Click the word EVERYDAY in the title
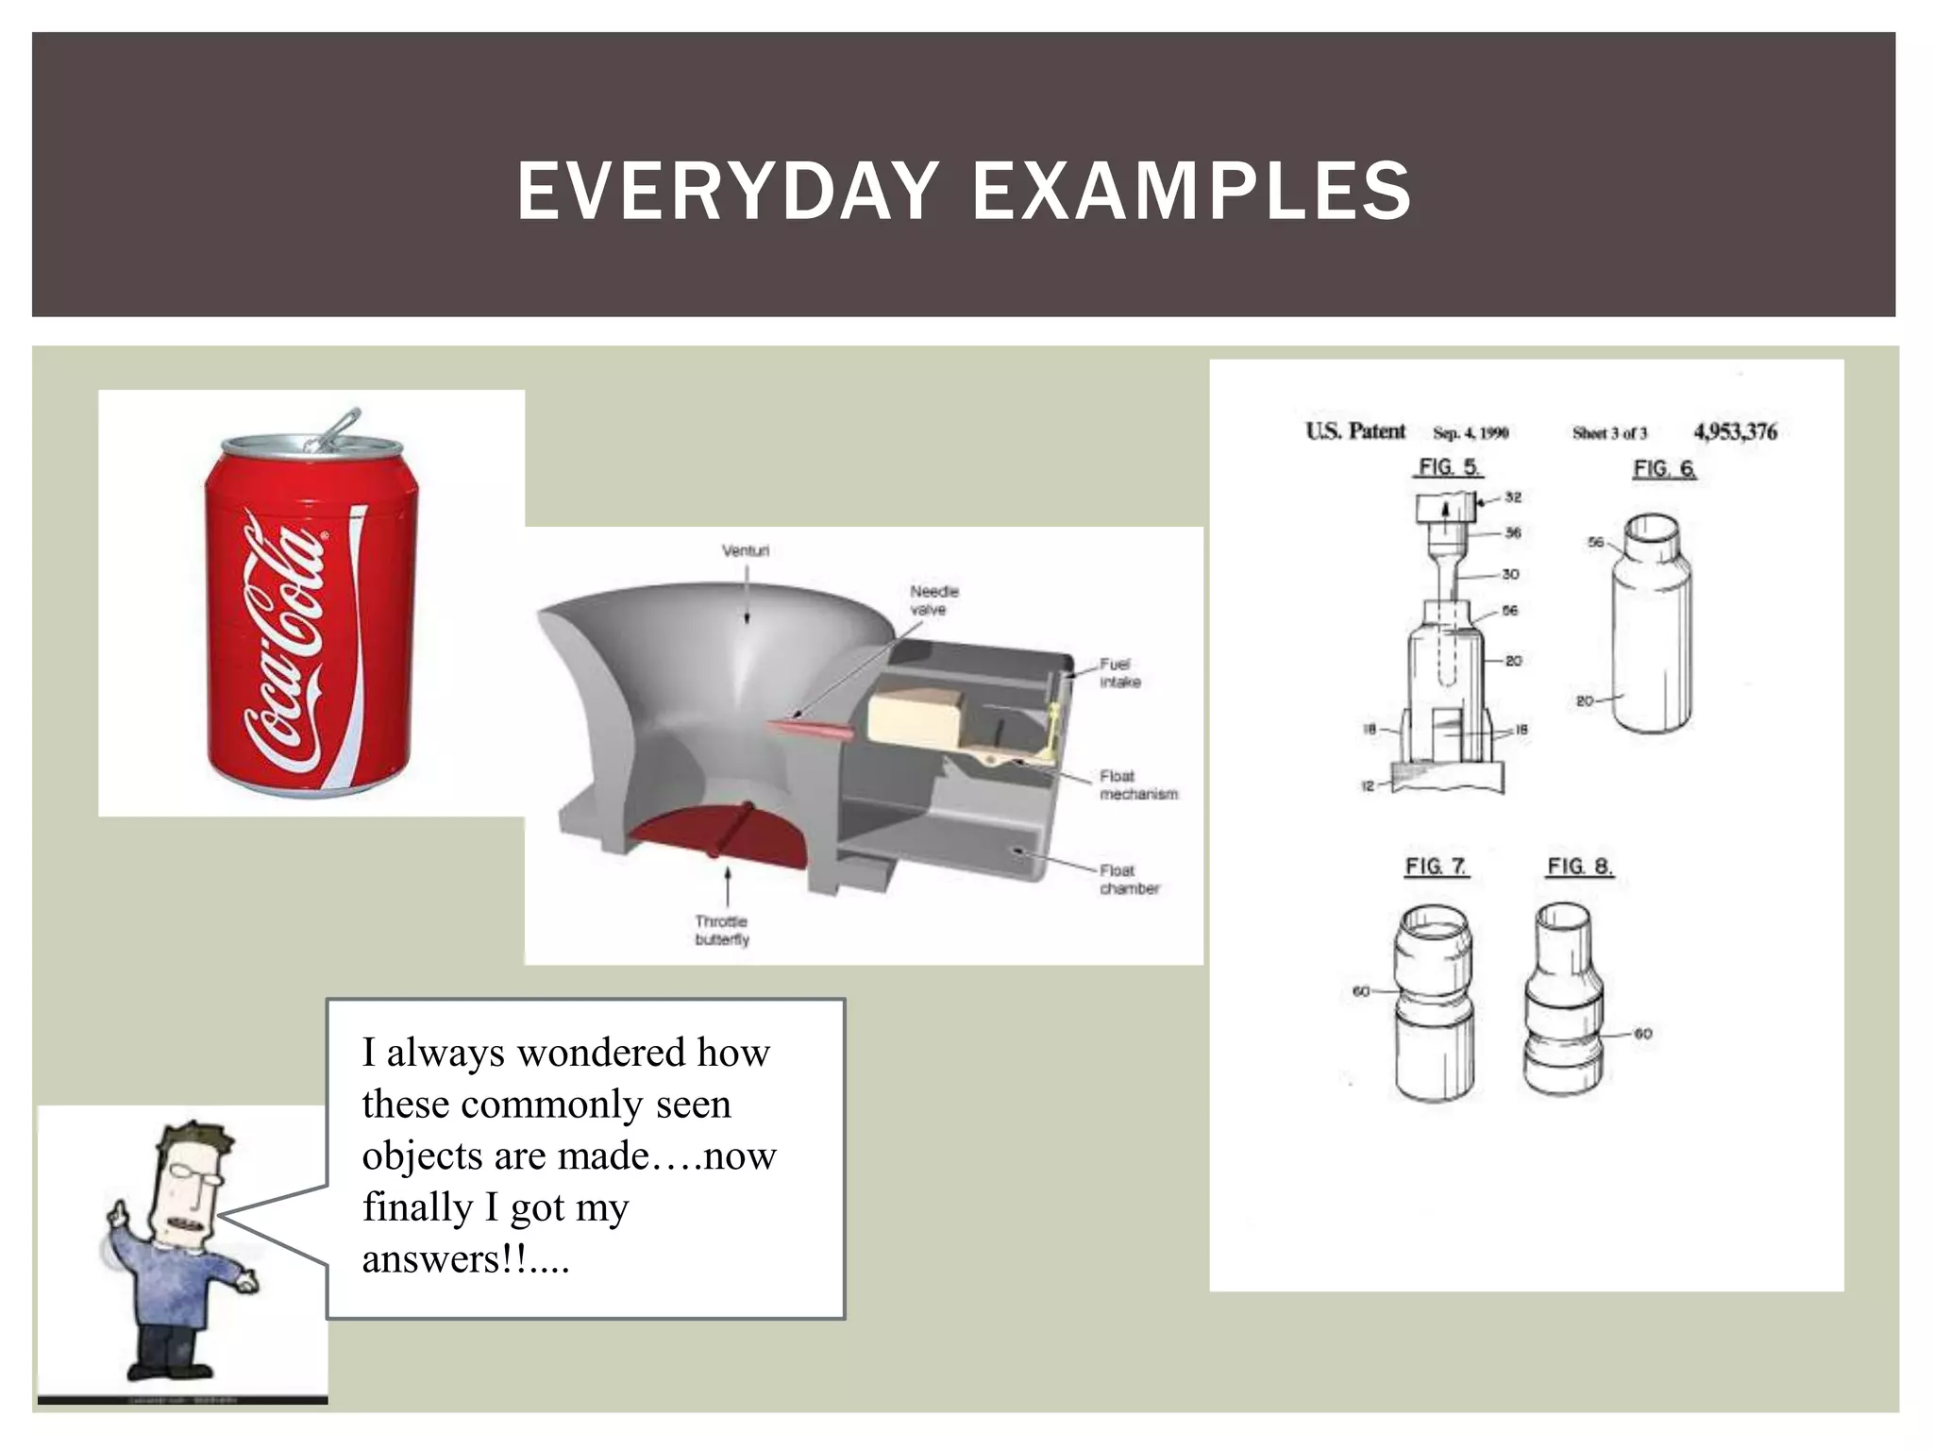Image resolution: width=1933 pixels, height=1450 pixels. coord(727,191)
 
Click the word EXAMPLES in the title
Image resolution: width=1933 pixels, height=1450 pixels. coord(1191,191)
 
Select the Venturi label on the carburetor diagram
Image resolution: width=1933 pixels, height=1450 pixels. coord(746,550)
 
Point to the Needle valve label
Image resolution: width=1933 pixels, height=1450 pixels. coord(933,600)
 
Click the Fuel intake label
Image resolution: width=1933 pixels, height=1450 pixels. coord(1119,673)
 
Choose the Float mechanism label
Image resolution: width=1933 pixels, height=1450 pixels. coord(1137,784)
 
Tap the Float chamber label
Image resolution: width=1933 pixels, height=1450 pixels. coord(1128,879)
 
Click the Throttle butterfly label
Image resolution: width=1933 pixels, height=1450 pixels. coord(722,930)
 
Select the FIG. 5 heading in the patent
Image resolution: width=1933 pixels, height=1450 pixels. coord(1448,467)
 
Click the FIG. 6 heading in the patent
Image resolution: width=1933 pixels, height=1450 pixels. coord(1663,469)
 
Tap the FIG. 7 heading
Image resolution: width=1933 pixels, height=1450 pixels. coord(1436,867)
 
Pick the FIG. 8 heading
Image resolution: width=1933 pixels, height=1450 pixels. coord(1579,867)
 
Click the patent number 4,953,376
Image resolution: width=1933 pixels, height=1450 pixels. coord(1735,432)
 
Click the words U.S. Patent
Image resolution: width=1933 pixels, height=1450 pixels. coord(1355,431)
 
